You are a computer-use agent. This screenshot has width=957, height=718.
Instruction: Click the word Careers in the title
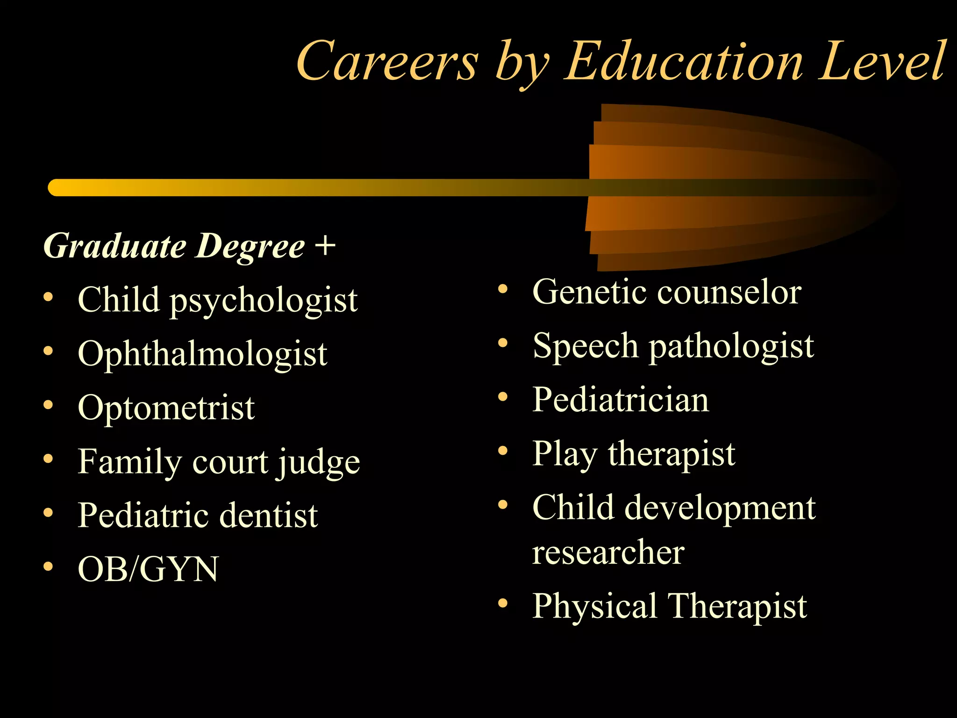click(x=387, y=62)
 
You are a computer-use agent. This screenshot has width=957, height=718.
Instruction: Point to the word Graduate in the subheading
click(x=115, y=246)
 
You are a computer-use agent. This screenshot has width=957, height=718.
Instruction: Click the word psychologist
click(x=264, y=301)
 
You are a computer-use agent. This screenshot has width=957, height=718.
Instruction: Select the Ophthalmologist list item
click(x=202, y=353)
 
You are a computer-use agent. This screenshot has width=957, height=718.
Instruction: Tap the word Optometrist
click(x=166, y=408)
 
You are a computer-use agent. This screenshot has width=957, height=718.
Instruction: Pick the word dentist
click(x=269, y=515)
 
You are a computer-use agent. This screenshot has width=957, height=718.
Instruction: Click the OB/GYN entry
click(x=148, y=569)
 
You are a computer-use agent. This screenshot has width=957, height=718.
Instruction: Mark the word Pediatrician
click(x=621, y=400)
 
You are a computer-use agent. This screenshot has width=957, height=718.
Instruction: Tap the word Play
click(x=564, y=454)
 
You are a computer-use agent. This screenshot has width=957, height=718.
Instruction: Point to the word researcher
click(x=608, y=553)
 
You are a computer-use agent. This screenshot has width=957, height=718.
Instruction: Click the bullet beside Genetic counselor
click(x=503, y=289)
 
